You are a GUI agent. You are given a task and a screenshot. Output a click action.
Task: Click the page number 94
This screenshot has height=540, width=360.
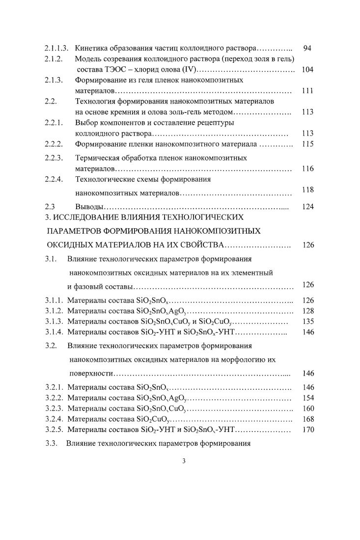(x=307, y=49)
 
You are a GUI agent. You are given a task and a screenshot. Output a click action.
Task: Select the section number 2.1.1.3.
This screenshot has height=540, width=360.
(x=56, y=49)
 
